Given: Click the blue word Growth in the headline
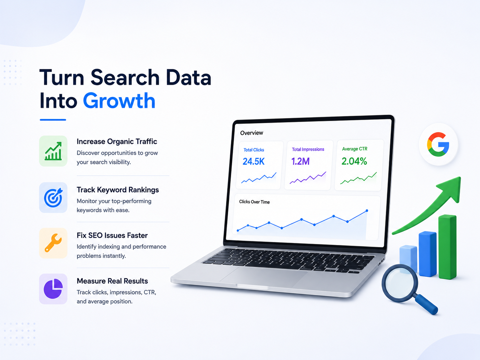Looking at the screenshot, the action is click(x=119, y=101).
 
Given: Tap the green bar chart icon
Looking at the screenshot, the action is click(x=53, y=151).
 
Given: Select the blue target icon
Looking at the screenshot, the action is click(x=53, y=198).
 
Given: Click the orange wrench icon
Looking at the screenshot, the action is click(x=53, y=243).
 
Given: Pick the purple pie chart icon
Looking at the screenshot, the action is click(x=53, y=289).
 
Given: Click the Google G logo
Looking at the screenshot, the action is click(x=438, y=145).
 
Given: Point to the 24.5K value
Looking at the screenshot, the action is click(x=254, y=161).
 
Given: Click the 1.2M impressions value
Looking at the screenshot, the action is click(x=300, y=161).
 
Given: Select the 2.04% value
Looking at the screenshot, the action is click(x=354, y=161).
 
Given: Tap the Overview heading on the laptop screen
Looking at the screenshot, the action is click(x=252, y=133).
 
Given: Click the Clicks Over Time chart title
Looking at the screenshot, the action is click(x=254, y=202).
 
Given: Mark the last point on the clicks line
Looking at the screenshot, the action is click(x=367, y=211).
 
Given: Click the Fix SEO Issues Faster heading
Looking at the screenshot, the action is click(x=112, y=235).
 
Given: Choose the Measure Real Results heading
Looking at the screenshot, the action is click(x=112, y=281).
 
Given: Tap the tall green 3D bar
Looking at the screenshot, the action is click(x=448, y=247).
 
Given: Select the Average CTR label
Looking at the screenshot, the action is click(x=354, y=149).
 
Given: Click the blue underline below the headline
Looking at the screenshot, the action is click(x=53, y=120).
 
